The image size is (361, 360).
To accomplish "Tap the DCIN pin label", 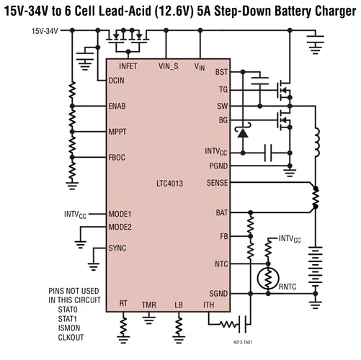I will pos(118,80).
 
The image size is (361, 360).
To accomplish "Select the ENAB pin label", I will pos(118,106).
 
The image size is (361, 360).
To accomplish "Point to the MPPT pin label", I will pos(120,132).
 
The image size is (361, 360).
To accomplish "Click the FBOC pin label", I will pos(119,157).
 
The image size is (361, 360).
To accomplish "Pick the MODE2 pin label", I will pos(122,227).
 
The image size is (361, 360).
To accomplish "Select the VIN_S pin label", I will pos(170,66).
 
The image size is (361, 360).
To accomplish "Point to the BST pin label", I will pos(221,73).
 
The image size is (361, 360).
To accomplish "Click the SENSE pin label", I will pos(216,183).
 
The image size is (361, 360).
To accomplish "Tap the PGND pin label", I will pos(218,166).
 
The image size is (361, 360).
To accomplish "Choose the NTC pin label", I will pos(221,264).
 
